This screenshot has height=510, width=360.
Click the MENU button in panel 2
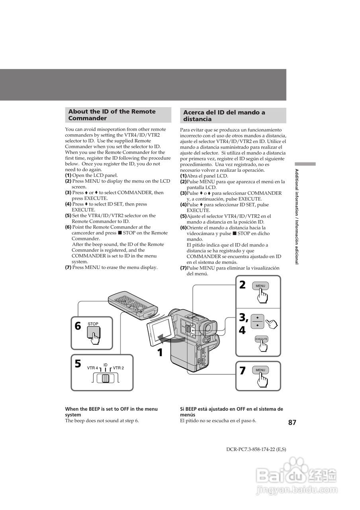point(260,286)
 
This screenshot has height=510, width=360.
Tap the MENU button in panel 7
point(260,370)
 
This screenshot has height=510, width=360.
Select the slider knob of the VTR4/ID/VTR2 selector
point(105,379)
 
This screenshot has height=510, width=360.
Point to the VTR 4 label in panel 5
point(92,368)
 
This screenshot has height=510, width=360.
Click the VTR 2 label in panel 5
point(118,368)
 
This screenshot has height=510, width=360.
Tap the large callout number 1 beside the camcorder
point(160,353)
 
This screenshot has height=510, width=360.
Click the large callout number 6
point(78,326)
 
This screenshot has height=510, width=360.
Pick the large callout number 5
point(78,364)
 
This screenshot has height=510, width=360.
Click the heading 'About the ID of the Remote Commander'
point(112,115)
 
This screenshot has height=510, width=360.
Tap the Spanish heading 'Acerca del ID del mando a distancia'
point(224,116)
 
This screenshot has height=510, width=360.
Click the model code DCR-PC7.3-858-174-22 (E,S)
point(256,449)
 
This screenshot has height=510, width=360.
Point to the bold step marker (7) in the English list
point(68,267)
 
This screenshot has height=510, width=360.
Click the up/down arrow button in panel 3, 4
point(258,322)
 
